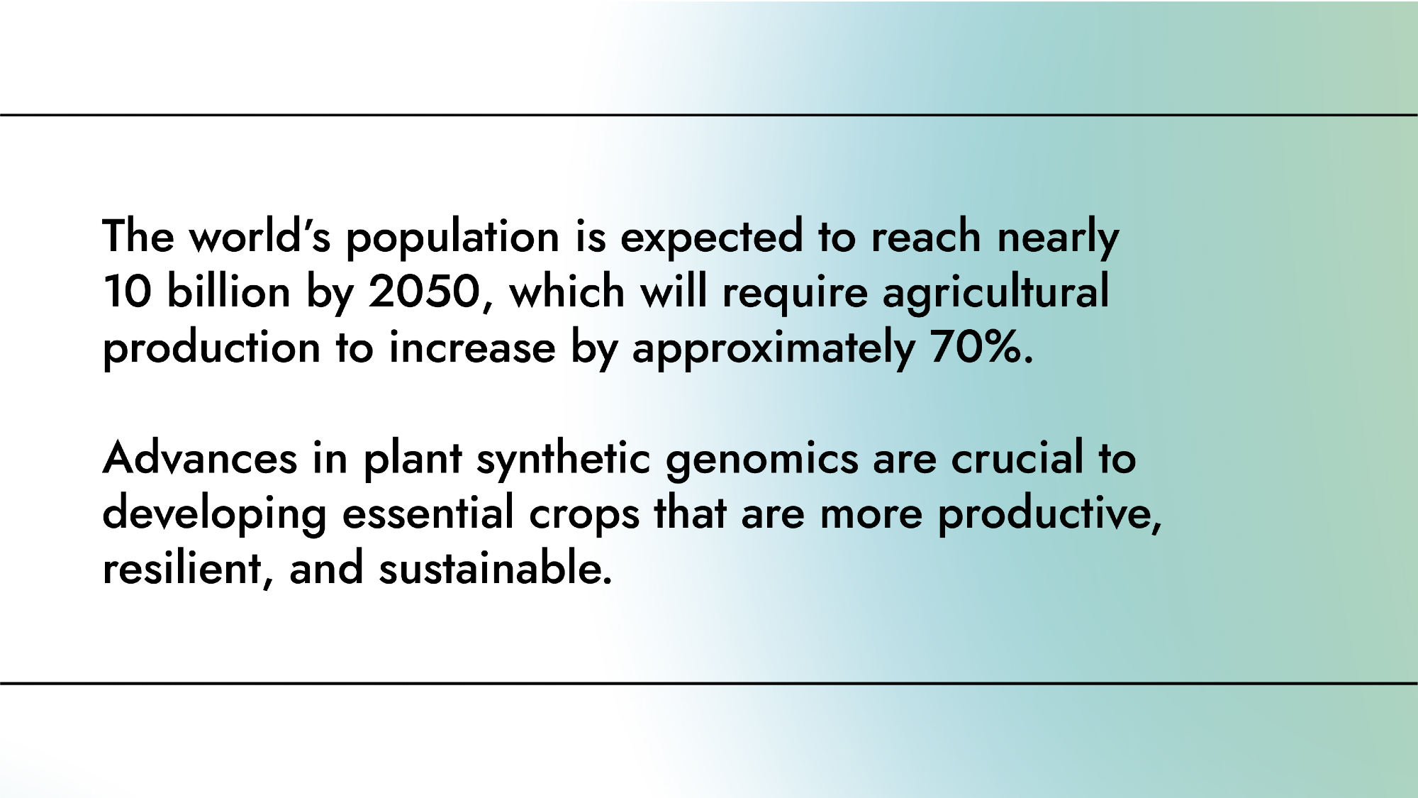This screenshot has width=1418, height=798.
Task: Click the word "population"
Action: tap(452, 237)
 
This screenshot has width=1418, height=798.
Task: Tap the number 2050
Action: tap(424, 292)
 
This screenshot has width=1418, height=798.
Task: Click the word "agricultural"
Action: tap(995, 292)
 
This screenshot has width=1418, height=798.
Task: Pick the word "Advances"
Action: tap(200, 458)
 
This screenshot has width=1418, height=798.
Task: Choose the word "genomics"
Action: tap(761, 460)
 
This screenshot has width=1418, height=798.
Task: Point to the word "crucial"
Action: tap(1017, 458)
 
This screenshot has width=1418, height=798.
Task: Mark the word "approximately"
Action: tap(774, 348)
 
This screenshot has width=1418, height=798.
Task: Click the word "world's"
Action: tap(259, 235)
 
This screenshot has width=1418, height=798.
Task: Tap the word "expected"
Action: tap(711, 237)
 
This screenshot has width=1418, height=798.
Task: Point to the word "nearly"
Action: tap(1058, 237)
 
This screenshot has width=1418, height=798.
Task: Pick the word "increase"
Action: tap(472, 347)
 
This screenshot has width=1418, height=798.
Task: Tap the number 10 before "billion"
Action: tap(127, 292)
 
